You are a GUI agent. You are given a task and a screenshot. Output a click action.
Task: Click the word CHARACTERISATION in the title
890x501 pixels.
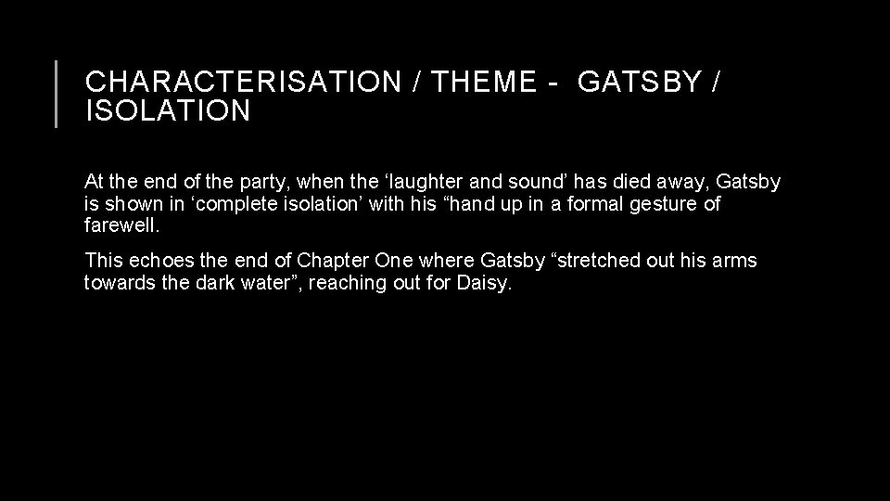240,83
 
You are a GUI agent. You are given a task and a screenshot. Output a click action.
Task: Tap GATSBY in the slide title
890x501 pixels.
639,83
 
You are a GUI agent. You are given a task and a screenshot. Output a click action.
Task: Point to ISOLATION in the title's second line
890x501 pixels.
167,111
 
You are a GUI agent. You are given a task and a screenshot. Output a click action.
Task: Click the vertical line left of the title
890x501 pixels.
57,93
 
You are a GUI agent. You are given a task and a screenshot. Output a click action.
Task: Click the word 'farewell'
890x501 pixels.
121,225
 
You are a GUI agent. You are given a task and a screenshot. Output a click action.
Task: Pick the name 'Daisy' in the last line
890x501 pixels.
483,282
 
